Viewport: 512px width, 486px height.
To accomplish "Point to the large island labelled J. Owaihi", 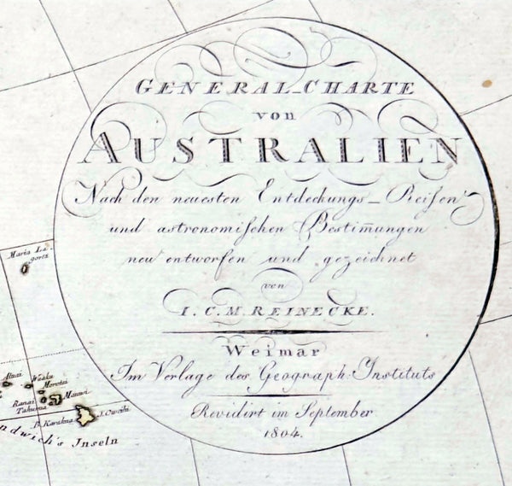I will coord(86,416).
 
